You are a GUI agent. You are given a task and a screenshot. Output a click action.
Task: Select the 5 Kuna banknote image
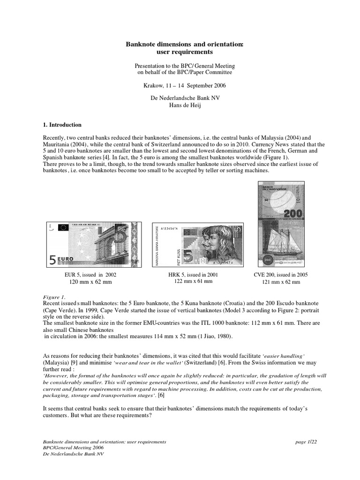pos(198,244)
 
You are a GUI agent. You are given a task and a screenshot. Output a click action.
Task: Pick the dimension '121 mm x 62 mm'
pos(281,282)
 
